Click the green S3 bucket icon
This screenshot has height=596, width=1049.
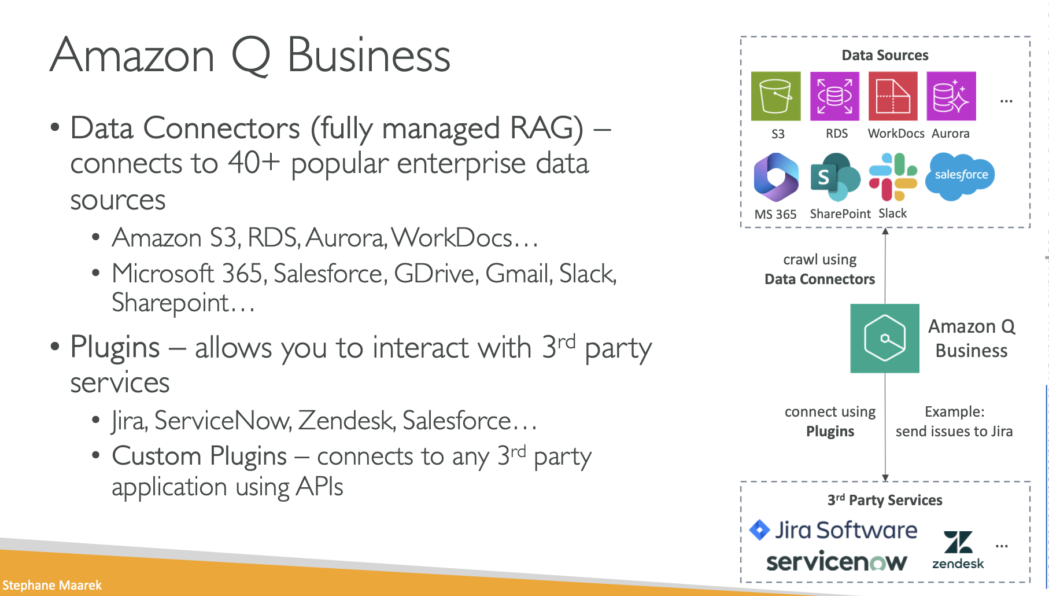(x=775, y=96)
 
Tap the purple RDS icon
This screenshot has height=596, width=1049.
(x=834, y=96)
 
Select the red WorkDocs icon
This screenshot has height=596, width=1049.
(x=893, y=96)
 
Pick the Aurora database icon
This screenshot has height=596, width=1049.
(x=951, y=96)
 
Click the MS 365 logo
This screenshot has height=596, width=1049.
(x=776, y=176)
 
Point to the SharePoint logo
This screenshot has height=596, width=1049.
(x=835, y=176)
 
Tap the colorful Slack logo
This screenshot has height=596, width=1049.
(x=893, y=176)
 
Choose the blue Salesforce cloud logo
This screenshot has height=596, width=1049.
(x=961, y=175)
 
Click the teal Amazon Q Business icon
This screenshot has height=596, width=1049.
(x=885, y=339)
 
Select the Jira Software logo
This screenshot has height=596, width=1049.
(x=833, y=530)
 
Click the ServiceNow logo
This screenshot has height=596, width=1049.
(x=836, y=562)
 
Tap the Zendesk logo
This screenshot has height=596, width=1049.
(x=958, y=550)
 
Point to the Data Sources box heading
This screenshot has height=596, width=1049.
(x=885, y=56)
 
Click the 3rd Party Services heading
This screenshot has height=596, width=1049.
(x=885, y=501)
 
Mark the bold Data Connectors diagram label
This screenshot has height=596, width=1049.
(x=819, y=279)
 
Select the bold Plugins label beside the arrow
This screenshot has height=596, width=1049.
(x=830, y=432)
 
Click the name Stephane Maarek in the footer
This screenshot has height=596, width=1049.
(x=52, y=585)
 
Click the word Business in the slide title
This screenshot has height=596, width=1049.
(x=368, y=56)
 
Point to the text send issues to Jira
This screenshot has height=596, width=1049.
(x=954, y=432)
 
